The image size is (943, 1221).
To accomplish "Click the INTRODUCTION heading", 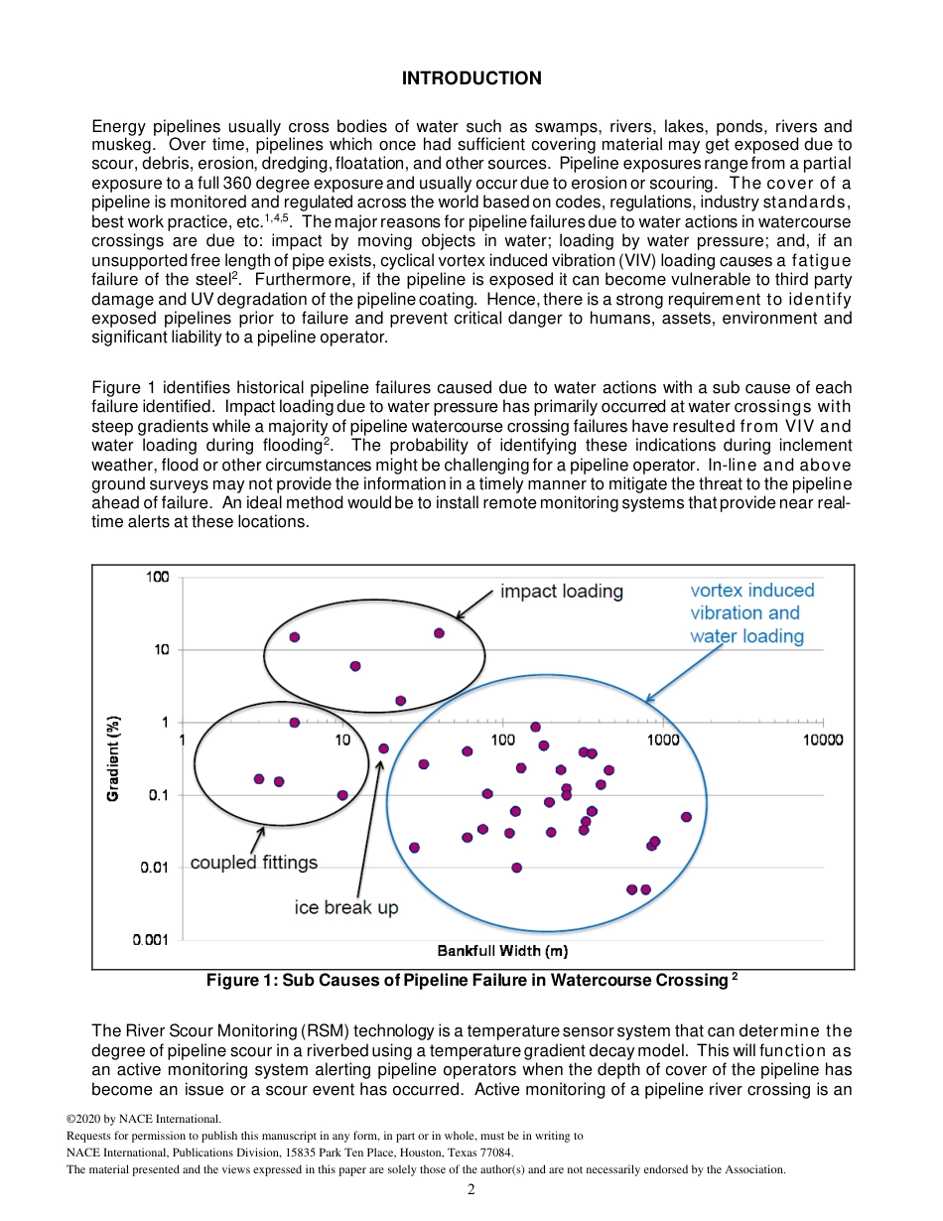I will pos(471,78).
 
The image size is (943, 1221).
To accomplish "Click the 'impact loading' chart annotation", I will pos(561,592).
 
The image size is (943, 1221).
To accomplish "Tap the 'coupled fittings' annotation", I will pos(254,862).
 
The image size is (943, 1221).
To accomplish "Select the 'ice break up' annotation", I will pos(346,906).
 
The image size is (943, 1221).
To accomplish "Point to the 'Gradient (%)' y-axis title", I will pos(114,758).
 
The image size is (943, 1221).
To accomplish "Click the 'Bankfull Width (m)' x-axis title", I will pos(502,951).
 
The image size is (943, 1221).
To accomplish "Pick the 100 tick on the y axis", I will pos(160,577).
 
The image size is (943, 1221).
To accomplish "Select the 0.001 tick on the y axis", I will pos(153,939).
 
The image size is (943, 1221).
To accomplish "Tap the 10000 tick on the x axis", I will pos(823,740).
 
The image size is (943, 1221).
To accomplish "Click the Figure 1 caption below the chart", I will pos(471,981).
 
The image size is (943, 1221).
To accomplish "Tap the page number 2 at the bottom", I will pos(471,1189).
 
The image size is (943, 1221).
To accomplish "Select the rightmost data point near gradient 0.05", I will pos(686,817).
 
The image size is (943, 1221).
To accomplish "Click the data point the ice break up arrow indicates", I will pos(383,748).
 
